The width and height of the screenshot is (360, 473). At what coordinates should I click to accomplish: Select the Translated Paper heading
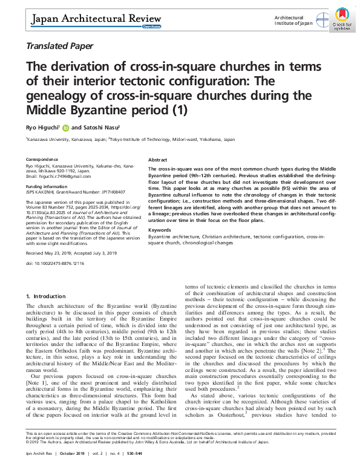coord(59,46)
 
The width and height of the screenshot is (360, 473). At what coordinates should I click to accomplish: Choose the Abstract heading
coord(157,160)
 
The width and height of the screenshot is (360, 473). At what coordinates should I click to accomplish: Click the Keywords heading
coord(159,230)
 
